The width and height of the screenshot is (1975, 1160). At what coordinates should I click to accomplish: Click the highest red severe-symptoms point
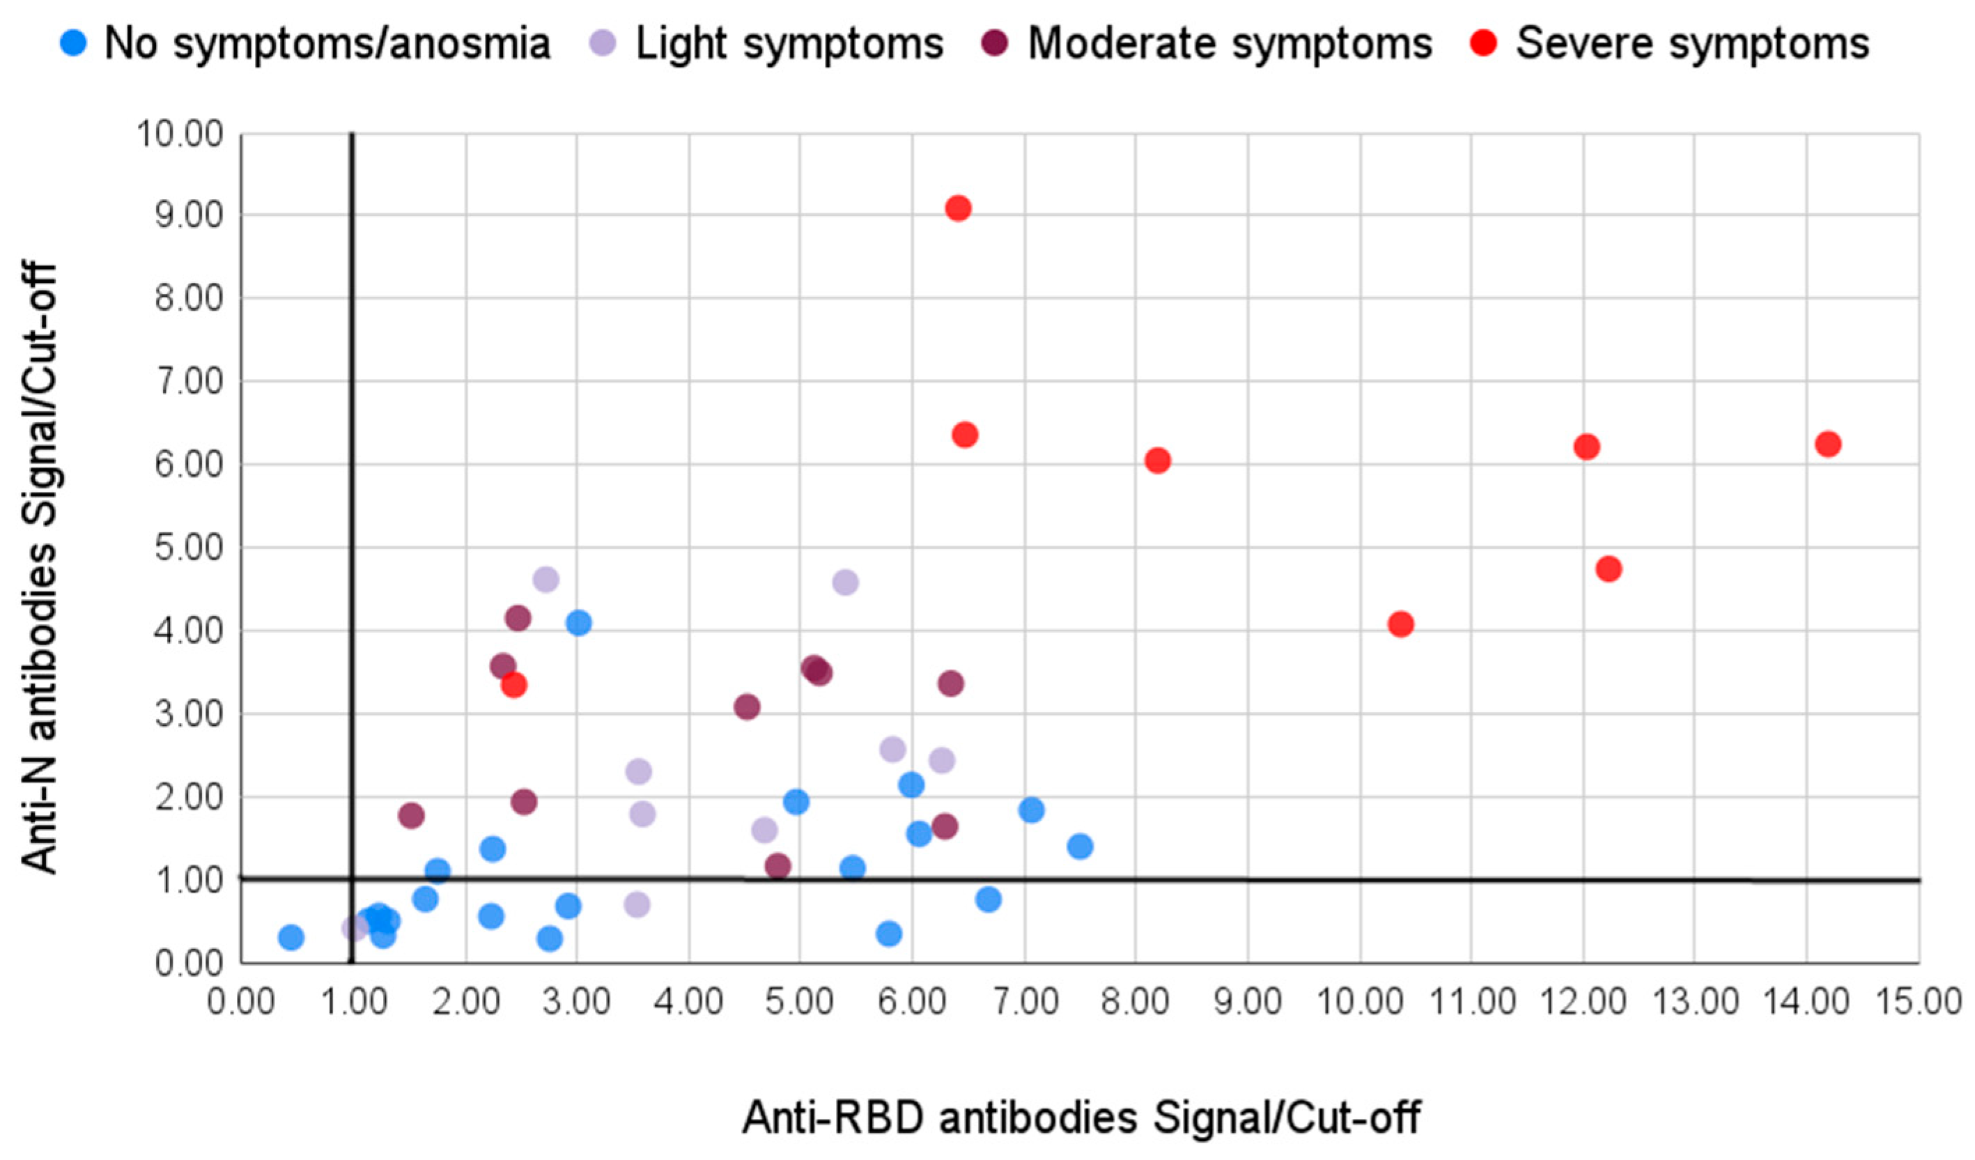pyautogui.click(x=958, y=208)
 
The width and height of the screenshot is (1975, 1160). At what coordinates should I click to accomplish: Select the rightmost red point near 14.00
pyautogui.click(x=1828, y=444)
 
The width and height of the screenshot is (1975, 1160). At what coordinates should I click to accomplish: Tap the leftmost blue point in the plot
pyautogui.click(x=291, y=936)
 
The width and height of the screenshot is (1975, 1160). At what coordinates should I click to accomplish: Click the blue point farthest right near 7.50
pyautogui.click(x=1080, y=846)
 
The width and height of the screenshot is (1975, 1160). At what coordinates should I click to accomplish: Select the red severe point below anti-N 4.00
pyautogui.click(x=513, y=685)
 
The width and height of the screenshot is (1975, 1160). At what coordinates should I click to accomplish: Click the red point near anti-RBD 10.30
pyautogui.click(x=1400, y=625)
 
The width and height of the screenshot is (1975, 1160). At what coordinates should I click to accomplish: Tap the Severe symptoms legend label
pyautogui.click(x=1693, y=44)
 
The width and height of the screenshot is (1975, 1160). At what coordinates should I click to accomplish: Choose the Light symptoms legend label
pyautogui.click(x=789, y=44)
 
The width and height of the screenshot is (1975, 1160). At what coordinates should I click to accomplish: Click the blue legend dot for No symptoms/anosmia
pyautogui.click(x=73, y=42)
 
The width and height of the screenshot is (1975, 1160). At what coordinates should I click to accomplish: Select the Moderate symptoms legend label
pyautogui.click(x=1230, y=44)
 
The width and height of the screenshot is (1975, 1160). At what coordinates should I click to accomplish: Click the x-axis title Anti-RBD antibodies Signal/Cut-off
pyautogui.click(x=1081, y=1117)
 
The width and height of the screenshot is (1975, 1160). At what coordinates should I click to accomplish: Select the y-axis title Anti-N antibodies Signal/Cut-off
pyautogui.click(x=39, y=569)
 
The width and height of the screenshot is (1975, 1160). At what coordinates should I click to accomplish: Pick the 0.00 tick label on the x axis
pyautogui.click(x=240, y=1003)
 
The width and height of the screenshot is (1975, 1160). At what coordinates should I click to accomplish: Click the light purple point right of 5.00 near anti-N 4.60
pyautogui.click(x=845, y=582)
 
